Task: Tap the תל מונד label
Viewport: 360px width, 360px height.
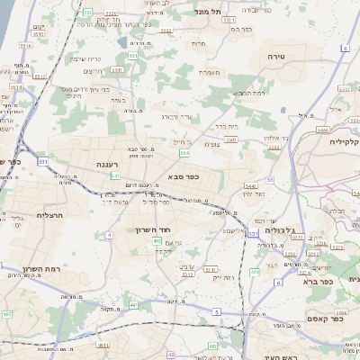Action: coord(212,13)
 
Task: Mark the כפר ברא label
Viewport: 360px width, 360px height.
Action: coord(337,281)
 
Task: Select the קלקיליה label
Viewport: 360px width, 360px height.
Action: coord(345,141)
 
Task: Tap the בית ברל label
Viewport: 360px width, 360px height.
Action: coord(226,127)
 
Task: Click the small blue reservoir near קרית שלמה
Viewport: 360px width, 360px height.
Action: coord(122,41)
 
